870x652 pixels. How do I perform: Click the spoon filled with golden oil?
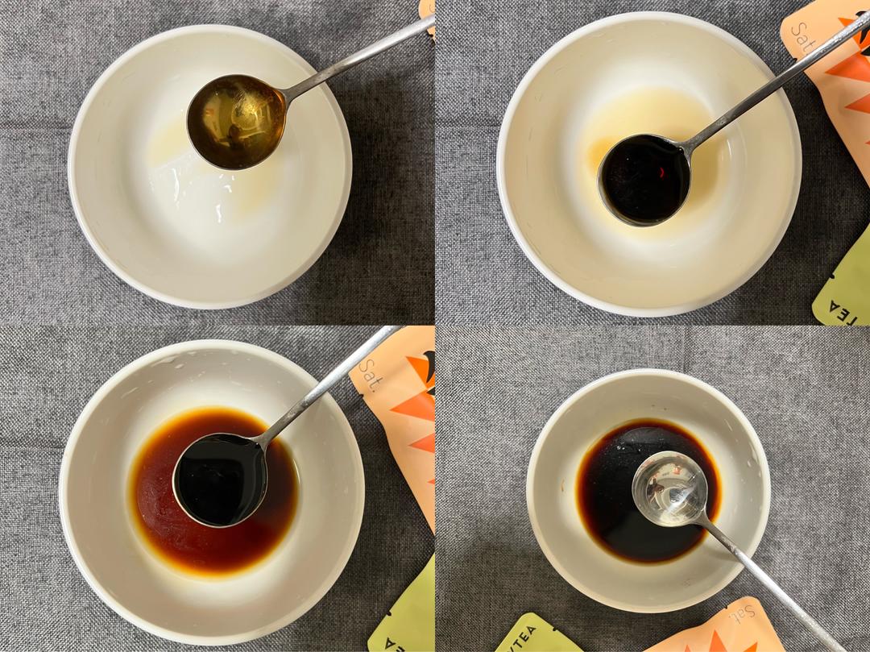pos(236,122)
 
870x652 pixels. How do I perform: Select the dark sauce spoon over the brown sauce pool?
pos(220,480)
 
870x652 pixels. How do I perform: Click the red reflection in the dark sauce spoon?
pos(661,172)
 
